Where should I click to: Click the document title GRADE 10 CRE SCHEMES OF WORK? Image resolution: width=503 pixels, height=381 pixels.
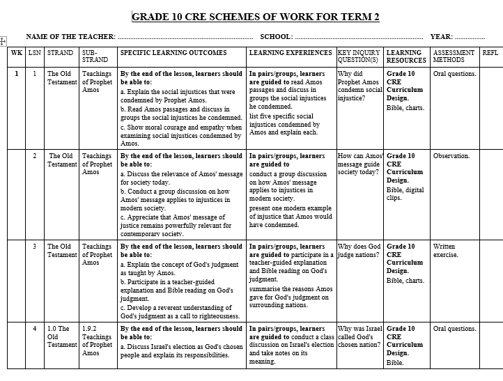[256, 17]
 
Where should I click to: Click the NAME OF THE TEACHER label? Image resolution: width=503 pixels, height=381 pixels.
[70, 37]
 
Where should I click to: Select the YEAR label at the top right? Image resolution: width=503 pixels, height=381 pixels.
[441, 37]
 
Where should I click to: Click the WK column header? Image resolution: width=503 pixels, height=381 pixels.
[17, 53]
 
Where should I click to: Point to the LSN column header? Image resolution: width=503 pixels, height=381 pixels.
[35, 53]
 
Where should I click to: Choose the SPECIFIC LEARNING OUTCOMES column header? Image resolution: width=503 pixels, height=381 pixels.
[173, 53]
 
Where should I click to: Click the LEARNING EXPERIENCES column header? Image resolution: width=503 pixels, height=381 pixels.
[291, 53]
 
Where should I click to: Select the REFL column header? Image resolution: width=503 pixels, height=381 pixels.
[490, 53]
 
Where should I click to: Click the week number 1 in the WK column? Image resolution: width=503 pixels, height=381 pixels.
[17, 73]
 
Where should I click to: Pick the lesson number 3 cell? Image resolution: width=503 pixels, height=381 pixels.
[35, 247]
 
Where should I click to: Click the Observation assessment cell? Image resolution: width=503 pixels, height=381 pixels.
[451, 156]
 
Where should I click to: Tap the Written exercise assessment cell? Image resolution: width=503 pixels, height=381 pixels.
[444, 251]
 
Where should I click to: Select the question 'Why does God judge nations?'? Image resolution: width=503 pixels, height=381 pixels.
[359, 251]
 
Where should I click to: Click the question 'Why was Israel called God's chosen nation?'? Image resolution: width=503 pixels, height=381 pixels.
[359, 336]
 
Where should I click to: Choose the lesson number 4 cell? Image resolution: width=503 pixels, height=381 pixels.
[35, 329]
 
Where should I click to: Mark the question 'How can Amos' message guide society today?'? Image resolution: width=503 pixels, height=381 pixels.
[359, 164]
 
